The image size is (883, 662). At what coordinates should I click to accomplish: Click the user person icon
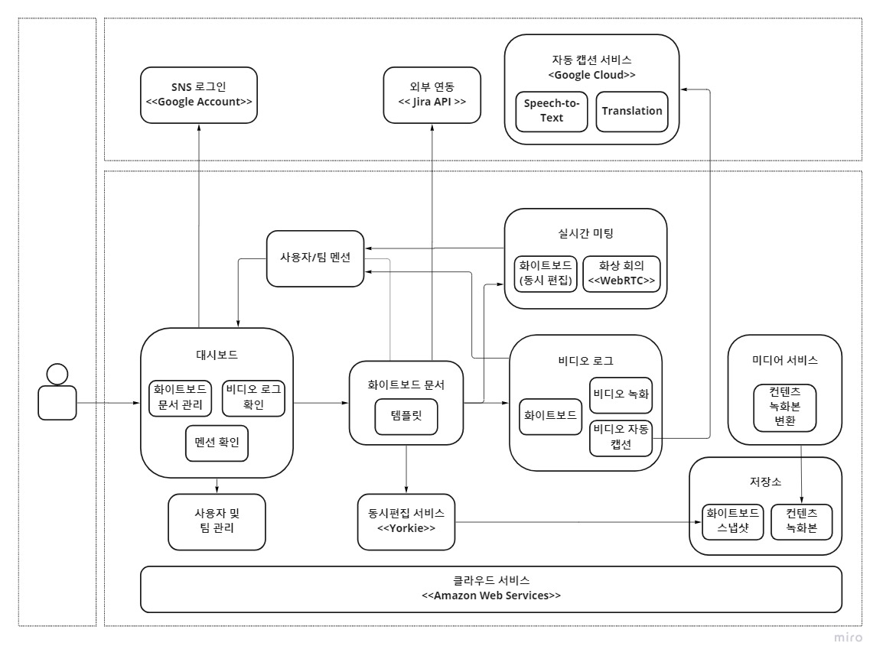57,392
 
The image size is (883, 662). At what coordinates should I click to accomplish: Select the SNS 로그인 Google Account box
199,95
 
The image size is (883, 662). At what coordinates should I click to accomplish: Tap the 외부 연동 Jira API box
432,95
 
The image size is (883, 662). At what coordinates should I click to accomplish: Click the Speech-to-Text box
551,112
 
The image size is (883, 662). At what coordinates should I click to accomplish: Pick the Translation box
632,112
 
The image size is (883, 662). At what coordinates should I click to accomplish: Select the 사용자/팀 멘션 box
315,258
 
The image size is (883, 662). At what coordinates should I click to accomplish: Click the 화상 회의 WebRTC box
621,274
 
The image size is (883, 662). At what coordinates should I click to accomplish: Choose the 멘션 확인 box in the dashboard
217,443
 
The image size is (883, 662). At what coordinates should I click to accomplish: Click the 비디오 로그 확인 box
253,397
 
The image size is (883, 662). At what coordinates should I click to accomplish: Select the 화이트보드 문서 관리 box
181,397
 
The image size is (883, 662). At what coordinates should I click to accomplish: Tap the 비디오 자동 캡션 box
621,438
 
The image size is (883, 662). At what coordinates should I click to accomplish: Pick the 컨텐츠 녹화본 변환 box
785,406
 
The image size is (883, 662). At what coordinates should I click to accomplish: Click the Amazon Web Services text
491,595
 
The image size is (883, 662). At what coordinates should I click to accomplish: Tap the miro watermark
848,638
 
